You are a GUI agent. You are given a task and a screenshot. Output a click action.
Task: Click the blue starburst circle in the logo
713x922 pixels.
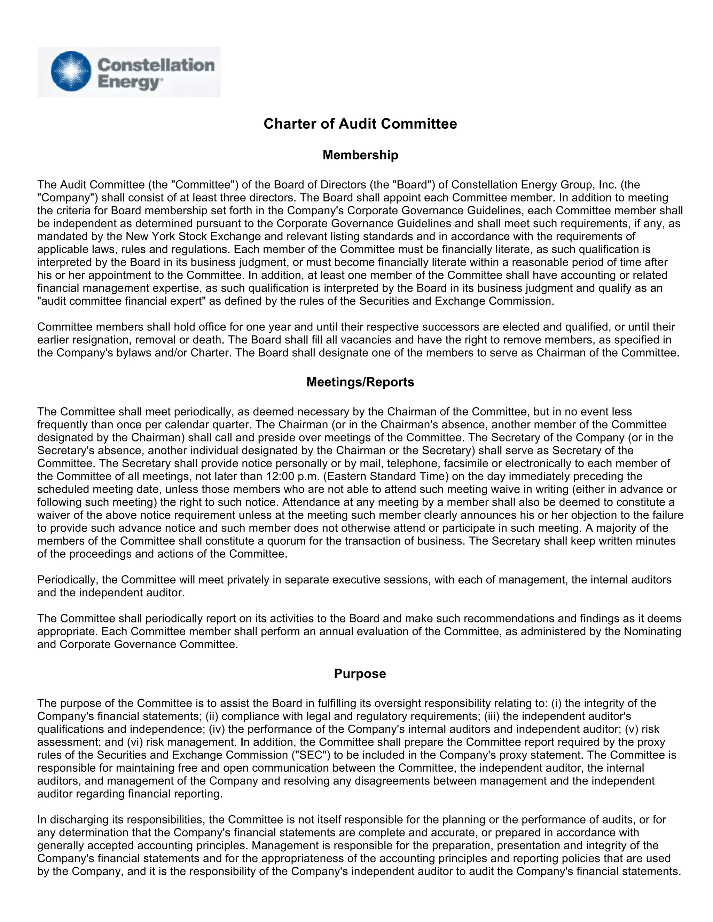pos(71,71)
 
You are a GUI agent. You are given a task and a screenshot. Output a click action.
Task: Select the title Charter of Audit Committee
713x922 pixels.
pos(360,124)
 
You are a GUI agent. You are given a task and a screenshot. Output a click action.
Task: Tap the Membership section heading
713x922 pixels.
pos(360,155)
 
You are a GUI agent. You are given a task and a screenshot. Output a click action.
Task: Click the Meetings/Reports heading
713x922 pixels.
pos(360,382)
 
